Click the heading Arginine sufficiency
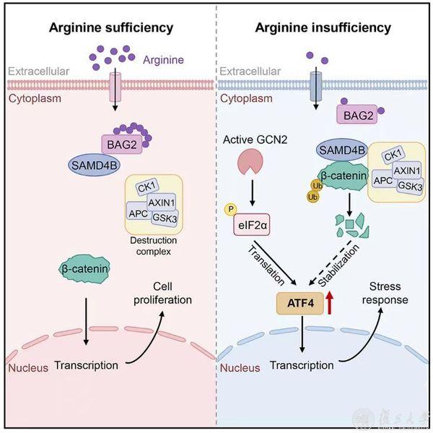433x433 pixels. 110,28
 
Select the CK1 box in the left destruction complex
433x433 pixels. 145,188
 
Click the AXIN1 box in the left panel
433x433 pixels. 165,203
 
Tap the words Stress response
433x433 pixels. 388,293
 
